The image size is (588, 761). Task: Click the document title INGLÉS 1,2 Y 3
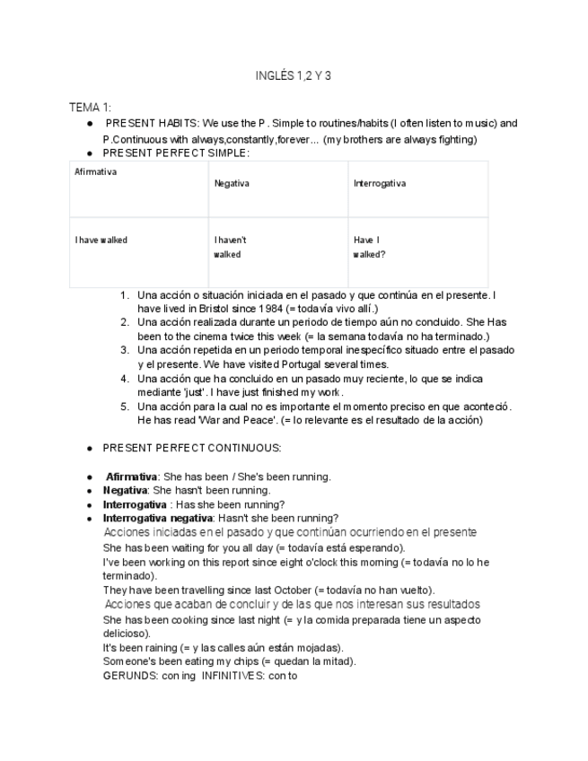(x=294, y=76)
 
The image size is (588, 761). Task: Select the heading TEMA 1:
(x=91, y=108)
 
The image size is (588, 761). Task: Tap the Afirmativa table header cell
(x=96, y=171)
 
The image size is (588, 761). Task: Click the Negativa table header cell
(x=232, y=184)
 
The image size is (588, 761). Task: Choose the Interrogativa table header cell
(x=379, y=184)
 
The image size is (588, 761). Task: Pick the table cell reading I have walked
(x=101, y=241)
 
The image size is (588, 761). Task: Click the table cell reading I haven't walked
(x=230, y=248)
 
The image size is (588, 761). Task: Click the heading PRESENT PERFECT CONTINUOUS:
(x=191, y=448)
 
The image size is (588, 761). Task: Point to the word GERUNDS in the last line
(x=130, y=676)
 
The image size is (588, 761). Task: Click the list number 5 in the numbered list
(x=125, y=407)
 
